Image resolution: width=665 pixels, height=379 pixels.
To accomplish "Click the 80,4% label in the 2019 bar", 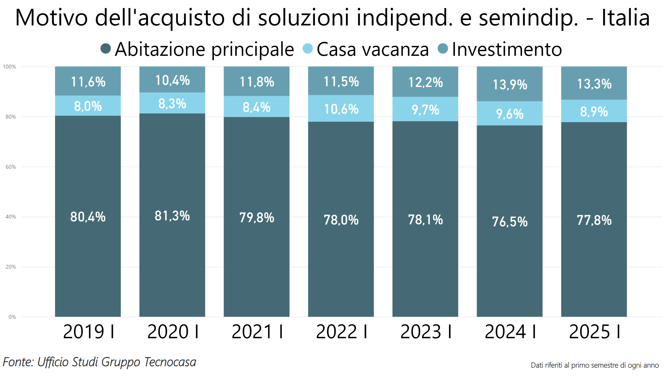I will (x=88, y=217).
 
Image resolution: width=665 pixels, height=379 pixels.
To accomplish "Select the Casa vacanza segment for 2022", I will (x=341, y=109).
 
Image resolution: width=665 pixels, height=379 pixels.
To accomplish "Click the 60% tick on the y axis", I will (x=11, y=167).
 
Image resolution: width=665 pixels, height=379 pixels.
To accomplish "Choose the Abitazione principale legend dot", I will (x=106, y=49).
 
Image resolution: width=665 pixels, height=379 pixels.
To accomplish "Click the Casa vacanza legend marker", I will (x=308, y=49).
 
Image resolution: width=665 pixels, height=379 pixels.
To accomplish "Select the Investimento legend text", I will (x=507, y=49).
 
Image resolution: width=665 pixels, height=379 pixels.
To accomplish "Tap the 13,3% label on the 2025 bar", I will (x=594, y=84).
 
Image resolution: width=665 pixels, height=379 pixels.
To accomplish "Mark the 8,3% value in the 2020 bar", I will (x=172, y=104).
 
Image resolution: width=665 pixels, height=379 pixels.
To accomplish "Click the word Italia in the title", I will (x=626, y=18).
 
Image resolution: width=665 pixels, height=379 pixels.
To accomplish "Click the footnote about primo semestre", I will (x=594, y=366).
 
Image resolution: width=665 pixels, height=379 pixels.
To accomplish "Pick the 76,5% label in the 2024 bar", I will (x=509, y=222).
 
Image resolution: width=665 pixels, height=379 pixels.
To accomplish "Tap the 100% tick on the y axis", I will (x=9, y=67).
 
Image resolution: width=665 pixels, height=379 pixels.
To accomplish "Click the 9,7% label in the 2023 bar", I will (x=425, y=110).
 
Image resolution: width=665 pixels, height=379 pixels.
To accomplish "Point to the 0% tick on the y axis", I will (x=12, y=317).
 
